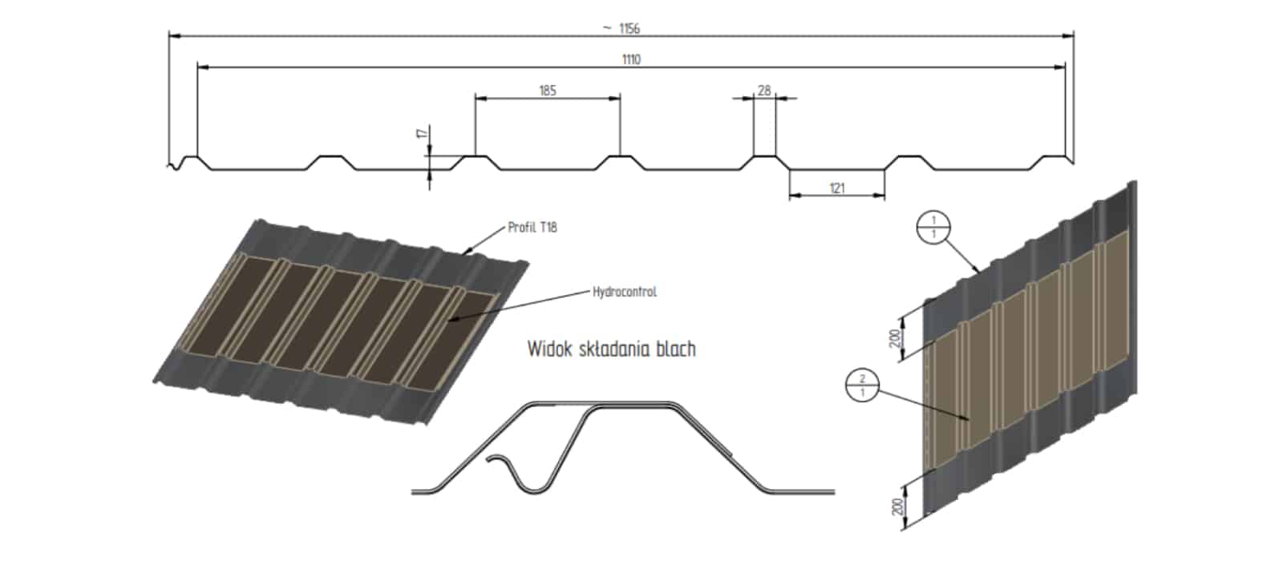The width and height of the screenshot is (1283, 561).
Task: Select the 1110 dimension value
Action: point(631,59)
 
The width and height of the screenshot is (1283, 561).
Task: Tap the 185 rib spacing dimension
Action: point(547,90)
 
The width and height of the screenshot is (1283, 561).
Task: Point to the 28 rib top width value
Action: point(764,91)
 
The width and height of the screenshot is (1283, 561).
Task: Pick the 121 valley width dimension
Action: point(836,188)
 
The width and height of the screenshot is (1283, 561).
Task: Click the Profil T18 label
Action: point(532,228)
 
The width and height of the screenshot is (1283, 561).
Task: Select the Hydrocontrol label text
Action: point(625,292)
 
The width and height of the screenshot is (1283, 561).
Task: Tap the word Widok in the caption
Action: point(548,349)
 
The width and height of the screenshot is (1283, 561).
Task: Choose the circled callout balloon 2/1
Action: point(862,386)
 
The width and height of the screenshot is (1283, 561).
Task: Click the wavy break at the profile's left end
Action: point(174,166)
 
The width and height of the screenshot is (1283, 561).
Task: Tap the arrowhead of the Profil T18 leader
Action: point(465,252)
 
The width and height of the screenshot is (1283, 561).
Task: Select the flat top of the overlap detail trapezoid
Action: point(633,405)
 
